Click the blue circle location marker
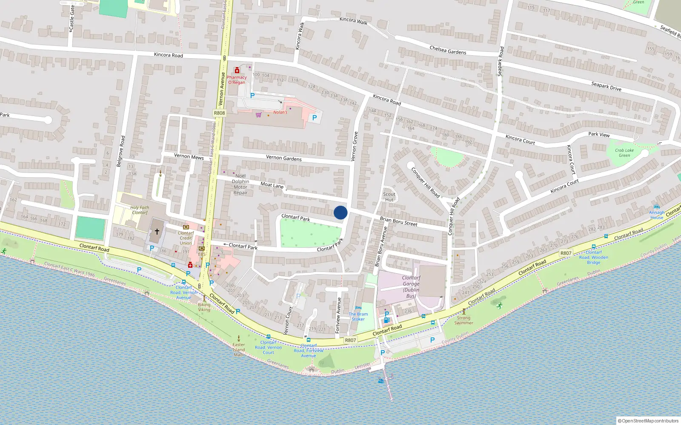tap(340, 212)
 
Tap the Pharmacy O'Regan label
tap(237, 80)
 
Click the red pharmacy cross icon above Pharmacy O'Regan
tap(237, 71)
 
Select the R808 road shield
tap(219, 113)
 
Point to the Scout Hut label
tap(389, 197)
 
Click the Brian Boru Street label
tap(398, 221)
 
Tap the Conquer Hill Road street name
tap(425, 182)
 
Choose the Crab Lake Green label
tap(624, 153)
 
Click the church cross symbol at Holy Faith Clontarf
tap(157, 232)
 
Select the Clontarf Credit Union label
tap(186, 238)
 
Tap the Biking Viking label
tap(204, 307)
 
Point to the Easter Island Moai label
tap(239, 349)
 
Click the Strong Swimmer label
tap(464, 320)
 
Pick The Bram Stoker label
tap(358, 317)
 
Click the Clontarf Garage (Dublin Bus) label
tap(411, 286)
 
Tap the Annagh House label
tap(657, 215)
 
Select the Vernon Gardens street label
tap(283, 158)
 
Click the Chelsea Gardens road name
tap(448, 50)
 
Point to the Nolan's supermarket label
tap(280, 112)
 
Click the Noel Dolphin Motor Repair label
tap(240, 184)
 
